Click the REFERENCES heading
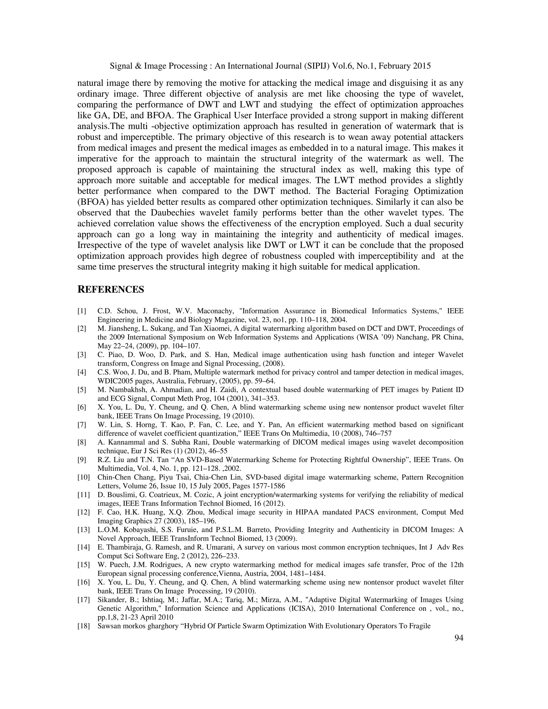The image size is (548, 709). [111, 289]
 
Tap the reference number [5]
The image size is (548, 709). [82, 390]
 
